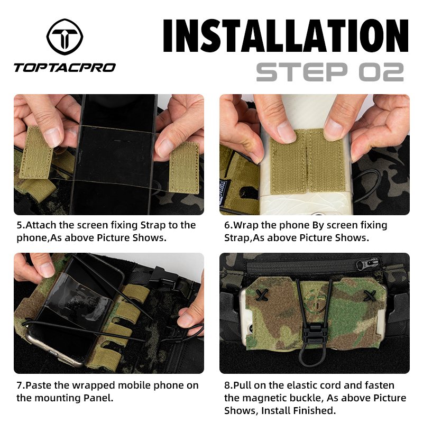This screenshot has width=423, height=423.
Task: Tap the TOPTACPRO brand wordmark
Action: click(64, 67)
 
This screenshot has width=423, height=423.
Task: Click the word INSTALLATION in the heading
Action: click(286, 36)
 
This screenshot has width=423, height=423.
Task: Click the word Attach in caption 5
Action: click(42, 225)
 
